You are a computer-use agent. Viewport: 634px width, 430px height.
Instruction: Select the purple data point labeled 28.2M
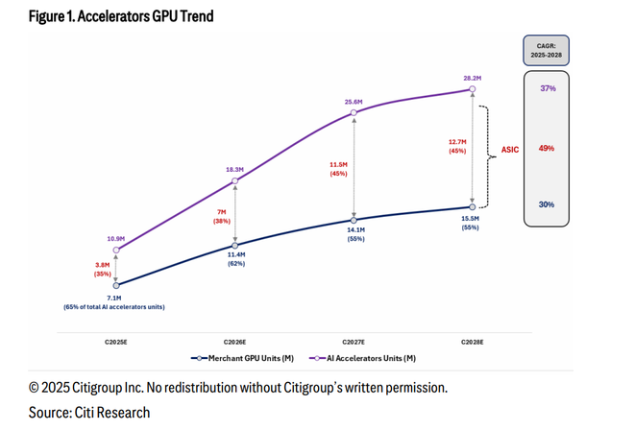[472, 89]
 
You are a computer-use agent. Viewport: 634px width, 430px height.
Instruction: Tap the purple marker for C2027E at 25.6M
[354, 113]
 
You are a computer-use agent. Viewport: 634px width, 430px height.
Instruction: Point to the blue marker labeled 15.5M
[472, 206]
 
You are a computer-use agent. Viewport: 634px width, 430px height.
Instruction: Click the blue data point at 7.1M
[117, 285]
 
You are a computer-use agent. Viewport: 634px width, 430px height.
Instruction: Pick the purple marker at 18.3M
[235, 180]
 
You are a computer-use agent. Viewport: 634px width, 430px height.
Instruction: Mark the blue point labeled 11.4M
[235, 245]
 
